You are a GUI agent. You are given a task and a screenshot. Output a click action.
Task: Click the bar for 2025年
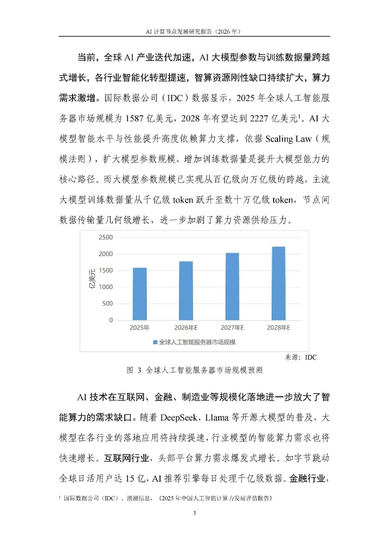tap(140, 294)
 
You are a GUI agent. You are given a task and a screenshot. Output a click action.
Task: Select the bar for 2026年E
tap(186, 291)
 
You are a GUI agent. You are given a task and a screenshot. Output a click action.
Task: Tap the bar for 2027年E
tap(232, 286)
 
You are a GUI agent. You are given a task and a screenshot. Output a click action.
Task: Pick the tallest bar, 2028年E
tap(278, 283)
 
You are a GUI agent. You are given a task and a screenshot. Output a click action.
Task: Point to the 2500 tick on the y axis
tap(106, 237)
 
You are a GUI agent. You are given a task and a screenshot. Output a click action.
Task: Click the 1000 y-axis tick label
tap(106, 287)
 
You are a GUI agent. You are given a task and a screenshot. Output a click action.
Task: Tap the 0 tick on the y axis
tap(111, 320)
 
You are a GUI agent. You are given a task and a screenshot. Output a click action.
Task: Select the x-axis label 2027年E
tap(232, 328)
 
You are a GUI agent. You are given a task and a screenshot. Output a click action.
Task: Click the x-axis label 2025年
tap(140, 328)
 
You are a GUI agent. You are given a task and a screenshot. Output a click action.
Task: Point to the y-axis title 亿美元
tap(92, 279)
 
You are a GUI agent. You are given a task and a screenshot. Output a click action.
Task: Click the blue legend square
tap(155, 342)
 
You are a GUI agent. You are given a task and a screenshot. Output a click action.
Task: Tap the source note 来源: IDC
tap(301, 357)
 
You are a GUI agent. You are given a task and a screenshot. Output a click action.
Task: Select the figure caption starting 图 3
tap(194, 370)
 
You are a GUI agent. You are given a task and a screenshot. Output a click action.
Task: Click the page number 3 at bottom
tap(194, 513)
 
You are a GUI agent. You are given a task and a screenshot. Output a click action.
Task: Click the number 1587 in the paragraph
tap(134, 118)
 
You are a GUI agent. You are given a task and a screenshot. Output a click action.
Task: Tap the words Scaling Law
tap(288, 139)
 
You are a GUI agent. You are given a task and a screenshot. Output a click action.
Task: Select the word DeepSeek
tap(179, 418)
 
